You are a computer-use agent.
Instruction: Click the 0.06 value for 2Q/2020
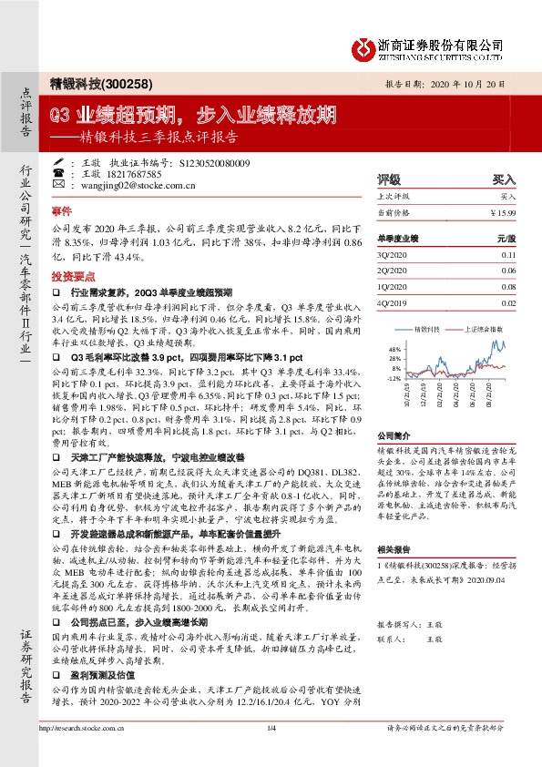click(507, 271)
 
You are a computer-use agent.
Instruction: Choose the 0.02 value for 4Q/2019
click(507, 302)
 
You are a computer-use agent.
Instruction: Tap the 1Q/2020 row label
click(390, 287)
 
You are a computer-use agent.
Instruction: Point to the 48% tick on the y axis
click(394, 349)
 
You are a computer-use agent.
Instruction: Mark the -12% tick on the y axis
click(394, 377)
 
